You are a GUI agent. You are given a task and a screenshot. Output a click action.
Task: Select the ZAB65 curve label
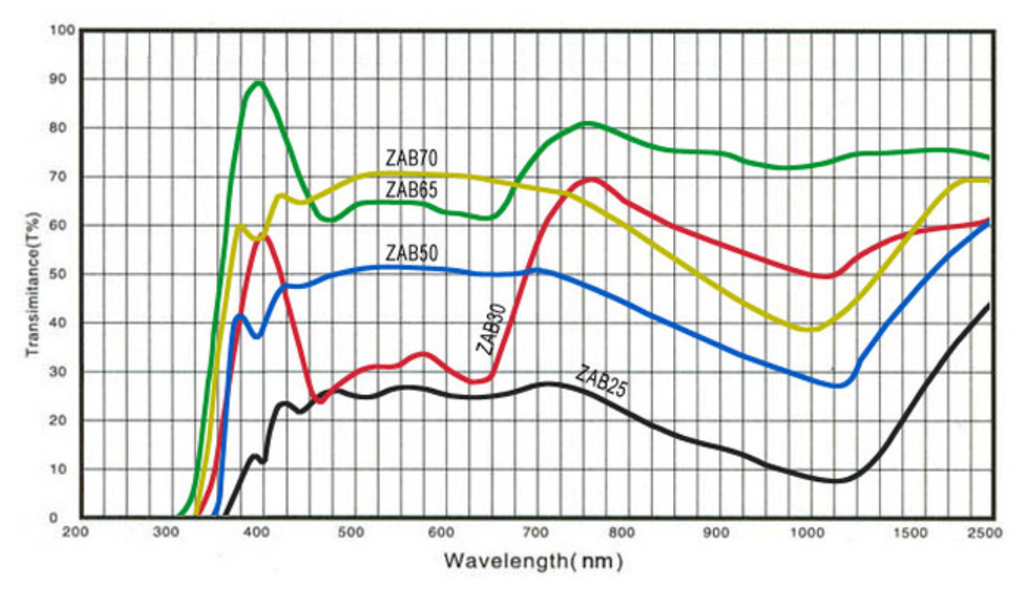pyautogui.click(x=411, y=189)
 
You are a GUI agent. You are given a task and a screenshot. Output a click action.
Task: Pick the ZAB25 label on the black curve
pyautogui.click(x=601, y=382)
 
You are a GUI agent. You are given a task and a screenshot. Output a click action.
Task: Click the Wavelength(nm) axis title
pyautogui.click(x=533, y=561)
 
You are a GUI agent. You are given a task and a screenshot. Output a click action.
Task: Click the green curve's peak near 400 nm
pyautogui.click(x=257, y=83)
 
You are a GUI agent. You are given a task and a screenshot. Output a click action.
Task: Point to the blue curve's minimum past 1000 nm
pyautogui.click(x=839, y=386)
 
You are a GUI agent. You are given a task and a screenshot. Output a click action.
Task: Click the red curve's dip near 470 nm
pyautogui.click(x=320, y=400)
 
